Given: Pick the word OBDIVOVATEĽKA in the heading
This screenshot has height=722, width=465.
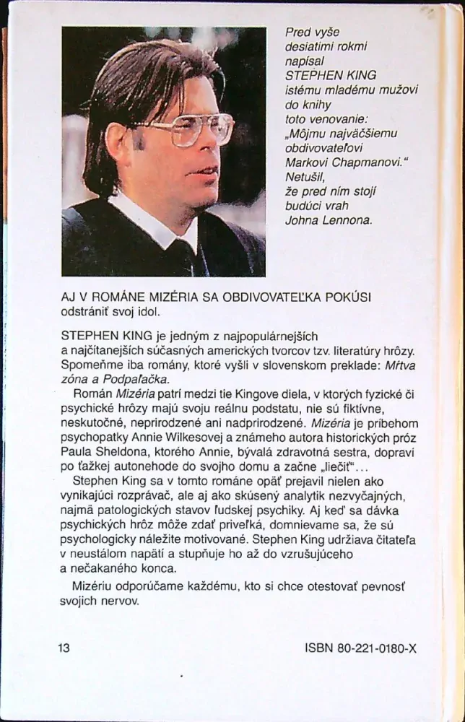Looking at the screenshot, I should tap(290, 298).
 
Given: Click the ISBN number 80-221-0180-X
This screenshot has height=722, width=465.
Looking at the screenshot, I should tap(376, 648).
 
